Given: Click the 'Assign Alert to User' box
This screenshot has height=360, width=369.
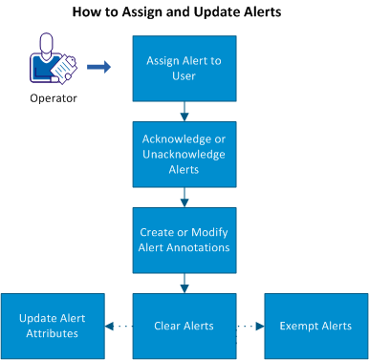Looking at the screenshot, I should click(x=183, y=68).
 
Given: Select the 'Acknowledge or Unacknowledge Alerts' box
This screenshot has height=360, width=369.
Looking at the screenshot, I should click(x=183, y=151).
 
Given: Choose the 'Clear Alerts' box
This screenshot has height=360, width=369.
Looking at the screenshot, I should click(x=183, y=326).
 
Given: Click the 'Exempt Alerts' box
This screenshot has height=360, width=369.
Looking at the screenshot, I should click(x=315, y=326).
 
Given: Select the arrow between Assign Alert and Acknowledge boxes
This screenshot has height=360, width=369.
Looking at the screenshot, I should click(x=183, y=109).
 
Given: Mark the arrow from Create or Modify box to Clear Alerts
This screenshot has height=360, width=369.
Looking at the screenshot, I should click(x=183, y=282).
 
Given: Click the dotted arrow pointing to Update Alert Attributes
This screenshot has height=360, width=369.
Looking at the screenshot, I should click(x=117, y=326).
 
